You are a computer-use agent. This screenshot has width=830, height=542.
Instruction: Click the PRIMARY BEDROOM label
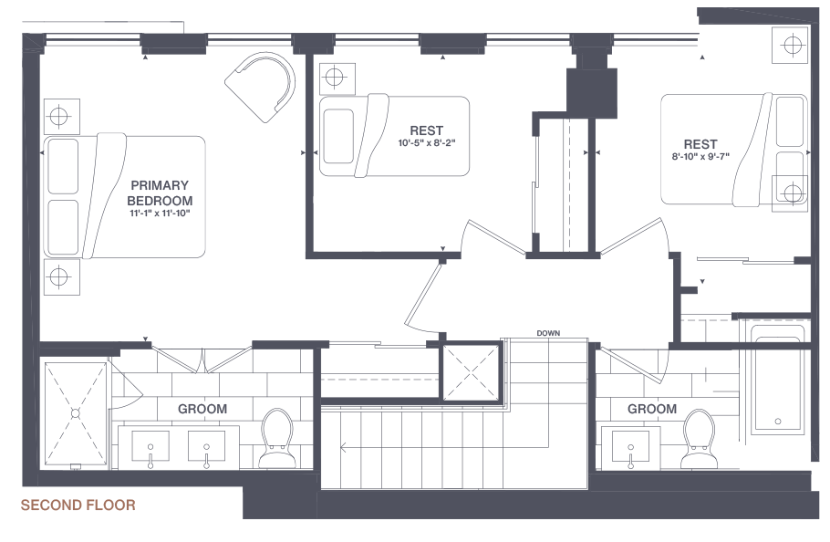click(160, 193)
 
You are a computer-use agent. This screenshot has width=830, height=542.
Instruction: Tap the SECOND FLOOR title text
click(78, 506)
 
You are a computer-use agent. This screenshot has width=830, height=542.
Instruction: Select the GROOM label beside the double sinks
click(202, 409)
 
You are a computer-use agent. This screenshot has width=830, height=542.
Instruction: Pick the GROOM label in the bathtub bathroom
click(652, 409)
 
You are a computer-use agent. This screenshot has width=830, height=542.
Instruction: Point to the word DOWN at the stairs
click(548, 333)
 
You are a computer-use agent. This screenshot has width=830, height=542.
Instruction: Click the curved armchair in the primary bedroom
click(263, 85)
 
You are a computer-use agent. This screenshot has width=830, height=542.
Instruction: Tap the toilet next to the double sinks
click(275, 437)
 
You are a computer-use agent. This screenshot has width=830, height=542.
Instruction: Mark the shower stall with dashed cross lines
click(75, 412)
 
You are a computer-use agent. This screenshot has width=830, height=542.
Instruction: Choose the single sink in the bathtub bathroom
click(631, 448)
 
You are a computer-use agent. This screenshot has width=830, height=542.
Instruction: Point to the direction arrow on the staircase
click(343, 447)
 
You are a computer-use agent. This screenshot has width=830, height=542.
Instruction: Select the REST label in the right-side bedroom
click(700, 144)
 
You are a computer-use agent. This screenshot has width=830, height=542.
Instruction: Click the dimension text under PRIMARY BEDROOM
click(160, 214)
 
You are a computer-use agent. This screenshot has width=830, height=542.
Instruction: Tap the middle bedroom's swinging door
click(495, 238)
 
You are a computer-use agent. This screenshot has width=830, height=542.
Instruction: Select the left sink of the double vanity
click(150, 445)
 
